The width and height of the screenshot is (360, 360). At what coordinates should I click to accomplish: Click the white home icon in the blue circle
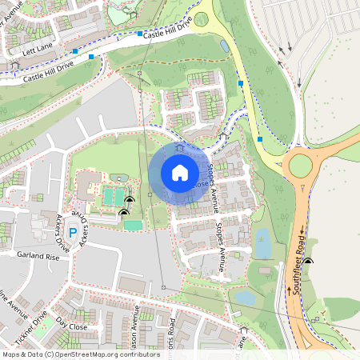180,173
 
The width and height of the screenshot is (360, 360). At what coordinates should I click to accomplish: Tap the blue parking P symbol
73,233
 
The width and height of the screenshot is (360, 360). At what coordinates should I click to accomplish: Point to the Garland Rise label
38,258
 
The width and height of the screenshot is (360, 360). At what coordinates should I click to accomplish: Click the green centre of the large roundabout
300,165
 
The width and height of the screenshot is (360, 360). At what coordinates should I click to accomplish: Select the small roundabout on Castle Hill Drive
202,18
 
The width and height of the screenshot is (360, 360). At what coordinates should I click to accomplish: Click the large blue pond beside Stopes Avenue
262,243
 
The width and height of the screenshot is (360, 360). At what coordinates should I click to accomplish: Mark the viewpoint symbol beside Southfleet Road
307,262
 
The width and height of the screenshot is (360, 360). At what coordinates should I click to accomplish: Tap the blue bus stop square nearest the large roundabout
260,139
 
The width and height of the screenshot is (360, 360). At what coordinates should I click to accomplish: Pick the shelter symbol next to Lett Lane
14,62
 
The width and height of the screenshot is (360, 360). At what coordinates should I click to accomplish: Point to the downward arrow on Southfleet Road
302,232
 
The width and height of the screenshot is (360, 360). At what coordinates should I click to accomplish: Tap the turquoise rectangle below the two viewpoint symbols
133,226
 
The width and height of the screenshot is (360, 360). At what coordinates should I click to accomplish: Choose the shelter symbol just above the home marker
179,147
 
